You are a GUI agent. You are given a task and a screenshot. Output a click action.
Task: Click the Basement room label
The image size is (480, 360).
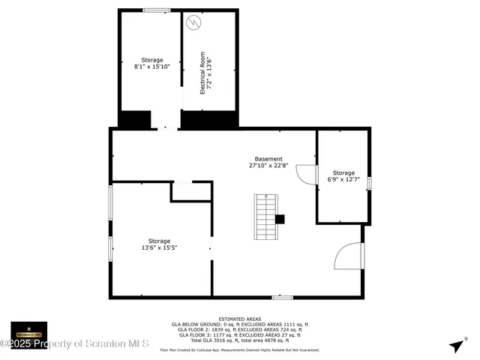pyautogui.click(x=268, y=159)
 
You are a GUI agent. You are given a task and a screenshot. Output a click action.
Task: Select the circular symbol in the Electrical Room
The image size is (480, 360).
pyautogui.click(x=194, y=22)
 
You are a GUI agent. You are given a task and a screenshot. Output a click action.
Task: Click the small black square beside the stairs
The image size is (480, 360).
pyautogui.click(x=280, y=220)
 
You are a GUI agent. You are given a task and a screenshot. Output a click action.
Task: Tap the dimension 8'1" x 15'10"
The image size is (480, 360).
pyautogui.click(x=152, y=67)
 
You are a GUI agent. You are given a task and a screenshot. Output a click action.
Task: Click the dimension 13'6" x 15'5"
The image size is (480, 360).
pyautogui.click(x=159, y=247)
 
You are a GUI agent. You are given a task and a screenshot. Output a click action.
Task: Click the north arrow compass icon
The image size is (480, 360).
pyautogui.click(x=456, y=346)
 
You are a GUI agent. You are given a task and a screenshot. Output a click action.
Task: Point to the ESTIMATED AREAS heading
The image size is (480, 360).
pyautogui.click(x=239, y=319)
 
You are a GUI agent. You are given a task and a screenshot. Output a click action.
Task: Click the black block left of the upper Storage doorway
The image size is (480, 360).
pyautogui.click(x=135, y=119)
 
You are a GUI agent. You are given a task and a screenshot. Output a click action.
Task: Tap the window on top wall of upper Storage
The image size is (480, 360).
pyautogui.click(x=156, y=10)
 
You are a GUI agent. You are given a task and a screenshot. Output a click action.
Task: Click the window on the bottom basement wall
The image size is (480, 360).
pyautogui.click(x=282, y=298)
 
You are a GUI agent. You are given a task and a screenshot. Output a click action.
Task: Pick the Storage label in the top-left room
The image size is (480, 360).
pyautogui.click(x=152, y=59)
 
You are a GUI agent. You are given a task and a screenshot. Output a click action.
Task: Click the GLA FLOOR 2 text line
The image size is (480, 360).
pyautogui.click(x=239, y=329)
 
